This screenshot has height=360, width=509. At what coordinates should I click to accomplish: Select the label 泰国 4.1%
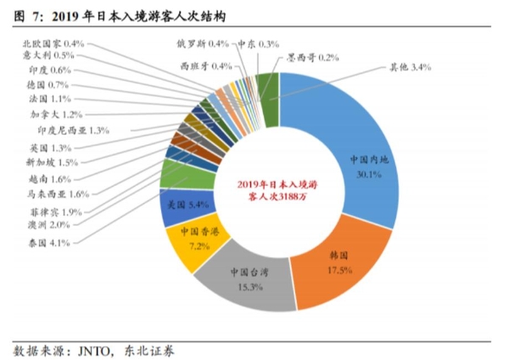tap(48, 243)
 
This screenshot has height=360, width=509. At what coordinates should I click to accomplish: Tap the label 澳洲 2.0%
tap(48, 225)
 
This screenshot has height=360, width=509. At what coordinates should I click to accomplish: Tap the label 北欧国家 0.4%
tap(52, 42)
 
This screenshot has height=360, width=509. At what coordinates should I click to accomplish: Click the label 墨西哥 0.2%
tap(312, 58)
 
